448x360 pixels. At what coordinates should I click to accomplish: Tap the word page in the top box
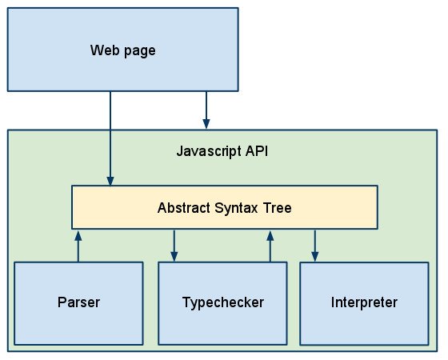click(x=140, y=52)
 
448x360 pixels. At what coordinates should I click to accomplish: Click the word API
click(x=257, y=150)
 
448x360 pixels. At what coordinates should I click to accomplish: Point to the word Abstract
click(x=184, y=208)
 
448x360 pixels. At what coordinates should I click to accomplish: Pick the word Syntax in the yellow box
click(x=236, y=208)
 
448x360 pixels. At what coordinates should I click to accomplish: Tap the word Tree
click(x=277, y=208)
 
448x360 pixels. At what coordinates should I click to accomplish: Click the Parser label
click(x=79, y=302)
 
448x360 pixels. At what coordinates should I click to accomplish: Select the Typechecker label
click(x=223, y=302)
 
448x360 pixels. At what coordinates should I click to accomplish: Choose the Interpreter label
click(x=364, y=302)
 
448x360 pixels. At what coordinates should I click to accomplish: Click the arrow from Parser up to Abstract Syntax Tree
click(x=78, y=246)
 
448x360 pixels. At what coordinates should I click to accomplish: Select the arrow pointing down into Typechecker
click(x=174, y=246)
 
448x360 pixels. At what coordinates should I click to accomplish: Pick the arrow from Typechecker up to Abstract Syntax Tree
click(x=270, y=246)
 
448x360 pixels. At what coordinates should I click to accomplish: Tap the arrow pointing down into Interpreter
click(x=315, y=246)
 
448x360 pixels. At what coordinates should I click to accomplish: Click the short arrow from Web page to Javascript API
click(x=206, y=110)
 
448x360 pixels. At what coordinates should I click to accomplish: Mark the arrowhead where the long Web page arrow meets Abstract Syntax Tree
click(x=110, y=181)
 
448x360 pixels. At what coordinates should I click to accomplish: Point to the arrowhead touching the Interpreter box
click(x=315, y=257)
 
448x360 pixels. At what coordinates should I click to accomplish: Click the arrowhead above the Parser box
click(x=78, y=236)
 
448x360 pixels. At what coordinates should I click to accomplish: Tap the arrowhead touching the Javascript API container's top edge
click(x=206, y=125)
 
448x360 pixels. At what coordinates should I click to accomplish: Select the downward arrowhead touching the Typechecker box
click(x=174, y=257)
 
